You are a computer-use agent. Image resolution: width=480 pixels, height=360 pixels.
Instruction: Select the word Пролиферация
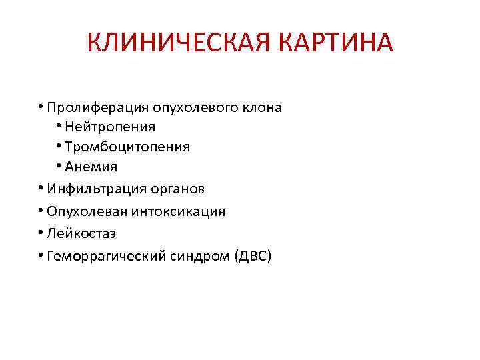[98, 107]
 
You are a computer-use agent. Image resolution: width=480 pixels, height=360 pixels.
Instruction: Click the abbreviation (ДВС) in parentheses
[252, 256]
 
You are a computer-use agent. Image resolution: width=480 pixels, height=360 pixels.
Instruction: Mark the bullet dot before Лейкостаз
[41, 233]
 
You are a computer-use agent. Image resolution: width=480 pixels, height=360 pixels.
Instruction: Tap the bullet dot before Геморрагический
[41, 255]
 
